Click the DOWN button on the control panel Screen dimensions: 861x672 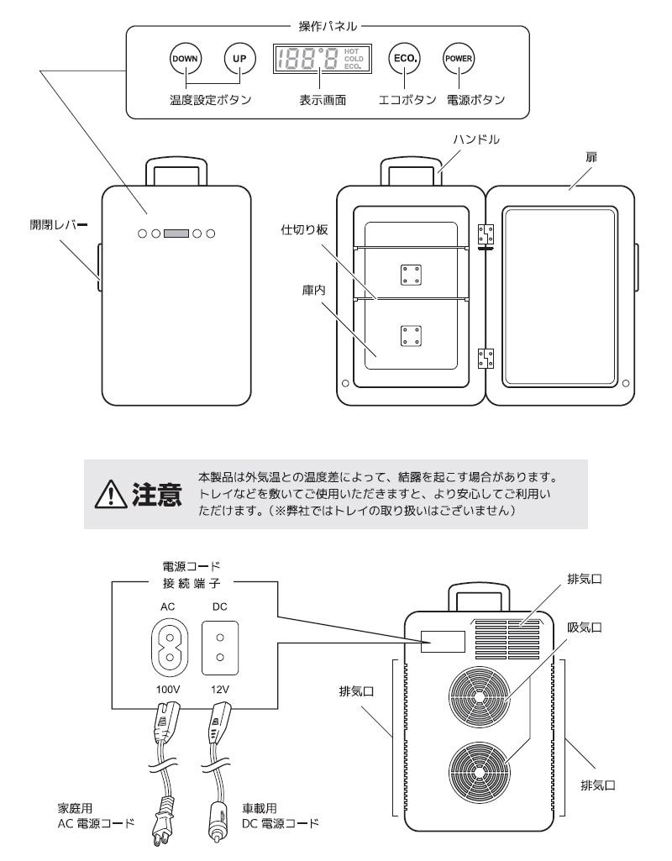(184, 59)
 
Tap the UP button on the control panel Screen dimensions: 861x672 (238, 59)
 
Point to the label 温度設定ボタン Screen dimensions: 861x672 (210, 100)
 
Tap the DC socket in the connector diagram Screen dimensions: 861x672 (220, 648)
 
